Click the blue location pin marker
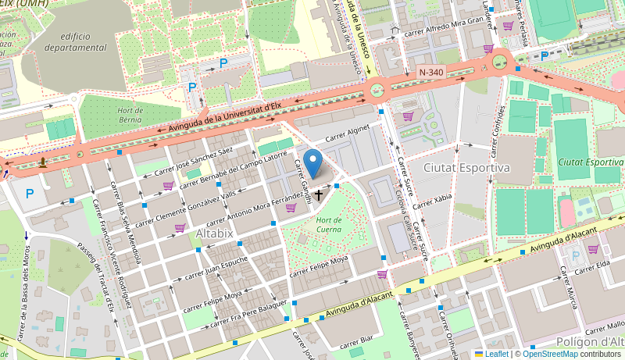[312, 163]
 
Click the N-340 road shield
[430, 72]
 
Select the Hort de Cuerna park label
[330, 224]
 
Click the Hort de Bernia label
[135, 116]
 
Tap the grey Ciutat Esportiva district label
[466, 167]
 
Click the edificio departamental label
[76, 41]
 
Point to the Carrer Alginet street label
[347, 135]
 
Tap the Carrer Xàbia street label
[432, 202]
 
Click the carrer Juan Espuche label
[215, 268]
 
